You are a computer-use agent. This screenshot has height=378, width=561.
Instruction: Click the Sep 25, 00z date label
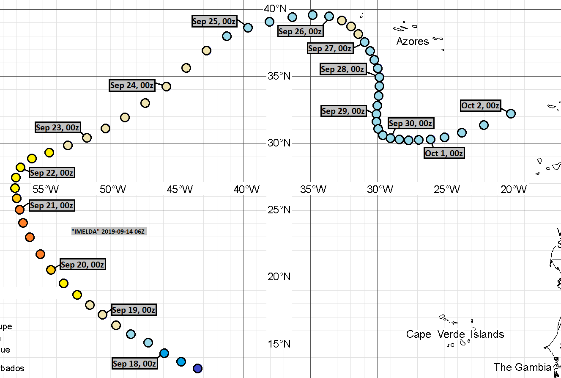(214, 21)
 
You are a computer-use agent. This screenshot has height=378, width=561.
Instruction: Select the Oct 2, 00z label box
(480, 105)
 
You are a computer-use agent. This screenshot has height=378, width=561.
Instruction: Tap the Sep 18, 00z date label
(134, 364)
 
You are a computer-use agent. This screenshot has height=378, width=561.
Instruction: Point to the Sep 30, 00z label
(410, 123)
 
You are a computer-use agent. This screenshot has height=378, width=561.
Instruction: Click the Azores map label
(413, 41)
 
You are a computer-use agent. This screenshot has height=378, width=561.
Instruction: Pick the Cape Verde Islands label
(455, 334)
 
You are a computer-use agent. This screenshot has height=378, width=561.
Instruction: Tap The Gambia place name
(522, 367)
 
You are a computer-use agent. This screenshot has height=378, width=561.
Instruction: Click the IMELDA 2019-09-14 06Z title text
(109, 232)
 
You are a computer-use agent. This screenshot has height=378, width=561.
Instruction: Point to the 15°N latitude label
(278, 344)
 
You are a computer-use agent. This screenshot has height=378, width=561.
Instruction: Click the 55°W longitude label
(45, 189)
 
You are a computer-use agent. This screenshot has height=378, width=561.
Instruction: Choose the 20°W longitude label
(513, 189)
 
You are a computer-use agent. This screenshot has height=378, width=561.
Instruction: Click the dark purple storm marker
(197, 368)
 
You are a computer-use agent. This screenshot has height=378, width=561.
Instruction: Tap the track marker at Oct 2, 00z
(511, 113)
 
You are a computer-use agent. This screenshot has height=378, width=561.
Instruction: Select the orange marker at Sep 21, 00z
(19, 210)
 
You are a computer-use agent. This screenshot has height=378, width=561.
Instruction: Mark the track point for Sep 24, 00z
(166, 86)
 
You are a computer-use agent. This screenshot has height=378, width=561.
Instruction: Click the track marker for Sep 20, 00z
(51, 270)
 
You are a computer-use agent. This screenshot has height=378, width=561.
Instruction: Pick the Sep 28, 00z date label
(342, 69)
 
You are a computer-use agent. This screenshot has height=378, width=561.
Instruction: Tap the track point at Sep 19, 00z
(102, 315)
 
